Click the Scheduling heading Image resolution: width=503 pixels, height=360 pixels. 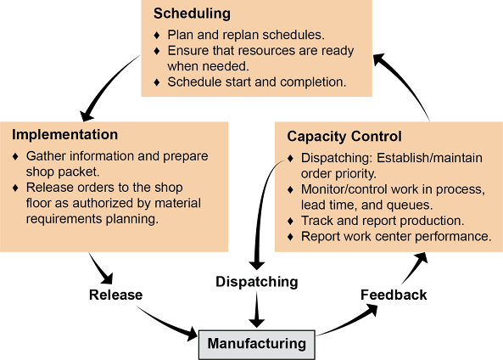[x=192, y=14]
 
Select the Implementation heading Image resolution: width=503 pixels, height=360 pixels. [x=64, y=135]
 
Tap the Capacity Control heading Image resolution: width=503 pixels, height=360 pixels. [x=344, y=137]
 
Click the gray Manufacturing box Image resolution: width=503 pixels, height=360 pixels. [x=257, y=344]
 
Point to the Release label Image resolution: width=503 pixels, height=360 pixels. [x=116, y=295]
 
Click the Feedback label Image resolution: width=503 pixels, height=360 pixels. [x=394, y=295]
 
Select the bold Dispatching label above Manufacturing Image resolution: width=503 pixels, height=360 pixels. [x=257, y=282]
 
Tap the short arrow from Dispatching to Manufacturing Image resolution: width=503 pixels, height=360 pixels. [x=257, y=309]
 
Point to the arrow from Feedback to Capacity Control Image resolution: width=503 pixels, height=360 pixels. [x=415, y=267]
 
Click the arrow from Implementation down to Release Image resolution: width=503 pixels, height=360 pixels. [x=102, y=268]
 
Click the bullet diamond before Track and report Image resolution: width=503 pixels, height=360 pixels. [x=291, y=221]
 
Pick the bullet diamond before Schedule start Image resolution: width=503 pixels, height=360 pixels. [x=157, y=82]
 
